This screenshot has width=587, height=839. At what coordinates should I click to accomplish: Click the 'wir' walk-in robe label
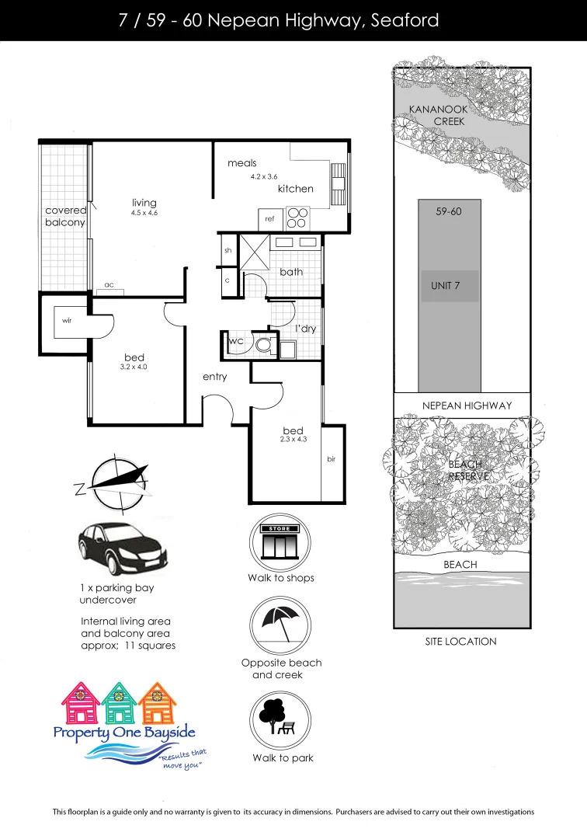[67, 320]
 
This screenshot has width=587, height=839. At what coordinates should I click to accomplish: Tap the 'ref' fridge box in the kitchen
[269, 219]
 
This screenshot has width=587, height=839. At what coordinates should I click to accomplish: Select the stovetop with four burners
[297, 218]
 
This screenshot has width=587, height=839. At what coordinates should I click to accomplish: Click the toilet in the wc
[264, 343]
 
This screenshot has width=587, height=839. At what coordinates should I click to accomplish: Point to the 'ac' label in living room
[109, 285]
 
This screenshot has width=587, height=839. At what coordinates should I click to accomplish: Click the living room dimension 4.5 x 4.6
[144, 213]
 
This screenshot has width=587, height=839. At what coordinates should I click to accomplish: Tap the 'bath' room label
[291, 272]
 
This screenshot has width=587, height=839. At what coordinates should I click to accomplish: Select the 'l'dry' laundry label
[305, 329]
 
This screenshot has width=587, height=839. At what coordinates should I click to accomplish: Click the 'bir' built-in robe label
[331, 459]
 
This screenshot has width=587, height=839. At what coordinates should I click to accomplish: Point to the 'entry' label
[215, 377]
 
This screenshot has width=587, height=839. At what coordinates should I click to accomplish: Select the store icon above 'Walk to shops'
[280, 541]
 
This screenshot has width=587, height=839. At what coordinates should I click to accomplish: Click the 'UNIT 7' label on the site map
[446, 286]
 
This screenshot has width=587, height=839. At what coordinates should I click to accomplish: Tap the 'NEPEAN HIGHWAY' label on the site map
[467, 406]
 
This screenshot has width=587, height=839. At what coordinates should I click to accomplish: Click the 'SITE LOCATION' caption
[460, 642]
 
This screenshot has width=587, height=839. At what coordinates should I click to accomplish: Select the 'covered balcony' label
[65, 217]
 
